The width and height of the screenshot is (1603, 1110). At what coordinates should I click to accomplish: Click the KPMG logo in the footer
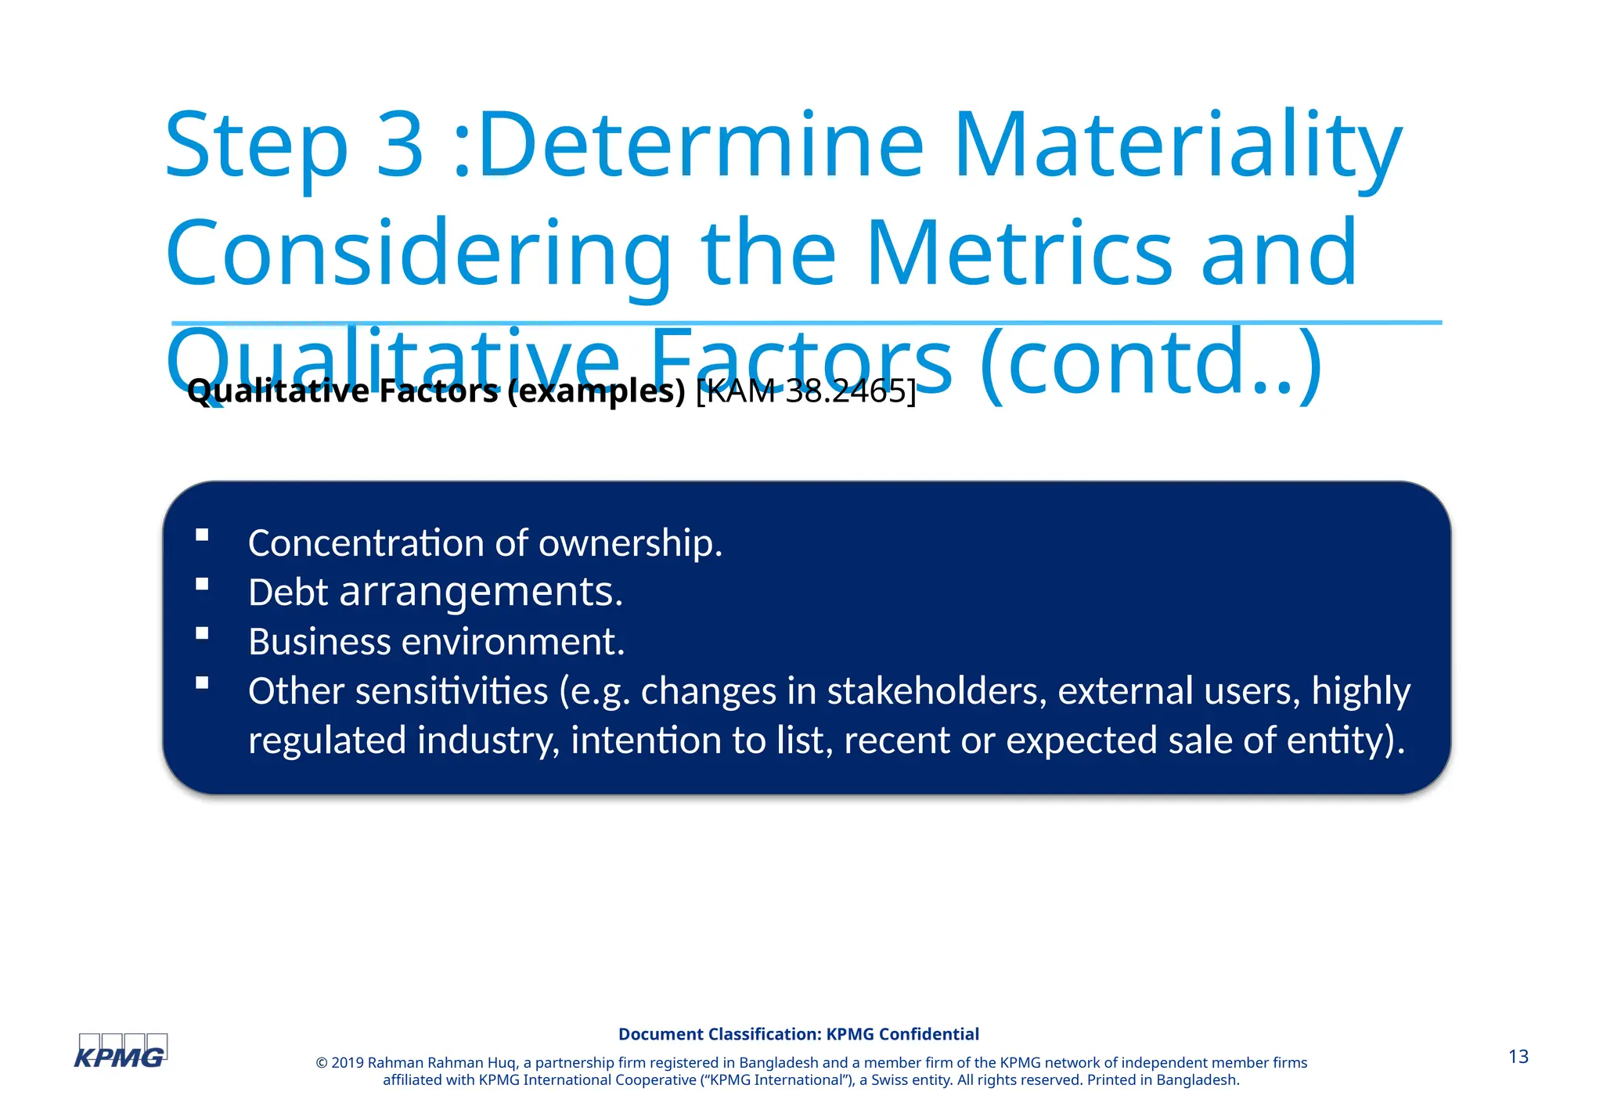pos(120,1052)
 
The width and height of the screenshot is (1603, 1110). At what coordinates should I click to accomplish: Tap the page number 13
pos(1518,1057)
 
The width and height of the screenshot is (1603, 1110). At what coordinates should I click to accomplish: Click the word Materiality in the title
pos(1177,146)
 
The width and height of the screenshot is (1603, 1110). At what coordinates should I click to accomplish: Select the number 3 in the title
pos(400,146)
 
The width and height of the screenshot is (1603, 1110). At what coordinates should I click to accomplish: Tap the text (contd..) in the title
pos(1150,363)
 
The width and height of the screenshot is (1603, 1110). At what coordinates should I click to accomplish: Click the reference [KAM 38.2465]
pos(805,391)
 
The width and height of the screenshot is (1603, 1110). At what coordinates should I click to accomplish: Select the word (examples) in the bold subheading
pos(596,391)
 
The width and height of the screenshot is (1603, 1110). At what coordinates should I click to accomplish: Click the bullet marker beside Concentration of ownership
pos(203,535)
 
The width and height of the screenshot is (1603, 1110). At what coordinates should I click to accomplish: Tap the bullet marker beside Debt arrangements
pos(203,584)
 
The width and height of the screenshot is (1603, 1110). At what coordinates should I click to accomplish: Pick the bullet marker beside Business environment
pos(203,633)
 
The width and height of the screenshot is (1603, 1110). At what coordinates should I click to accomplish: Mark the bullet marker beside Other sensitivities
pos(203,683)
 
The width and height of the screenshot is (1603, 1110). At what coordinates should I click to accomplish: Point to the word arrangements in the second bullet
pos(481,593)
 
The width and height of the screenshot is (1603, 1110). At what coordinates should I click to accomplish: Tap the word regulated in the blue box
pos(326,741)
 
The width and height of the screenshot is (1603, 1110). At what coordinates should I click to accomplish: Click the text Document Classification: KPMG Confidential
pos(798,1034)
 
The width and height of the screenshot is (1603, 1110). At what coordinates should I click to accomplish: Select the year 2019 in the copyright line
pos(348,1062)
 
